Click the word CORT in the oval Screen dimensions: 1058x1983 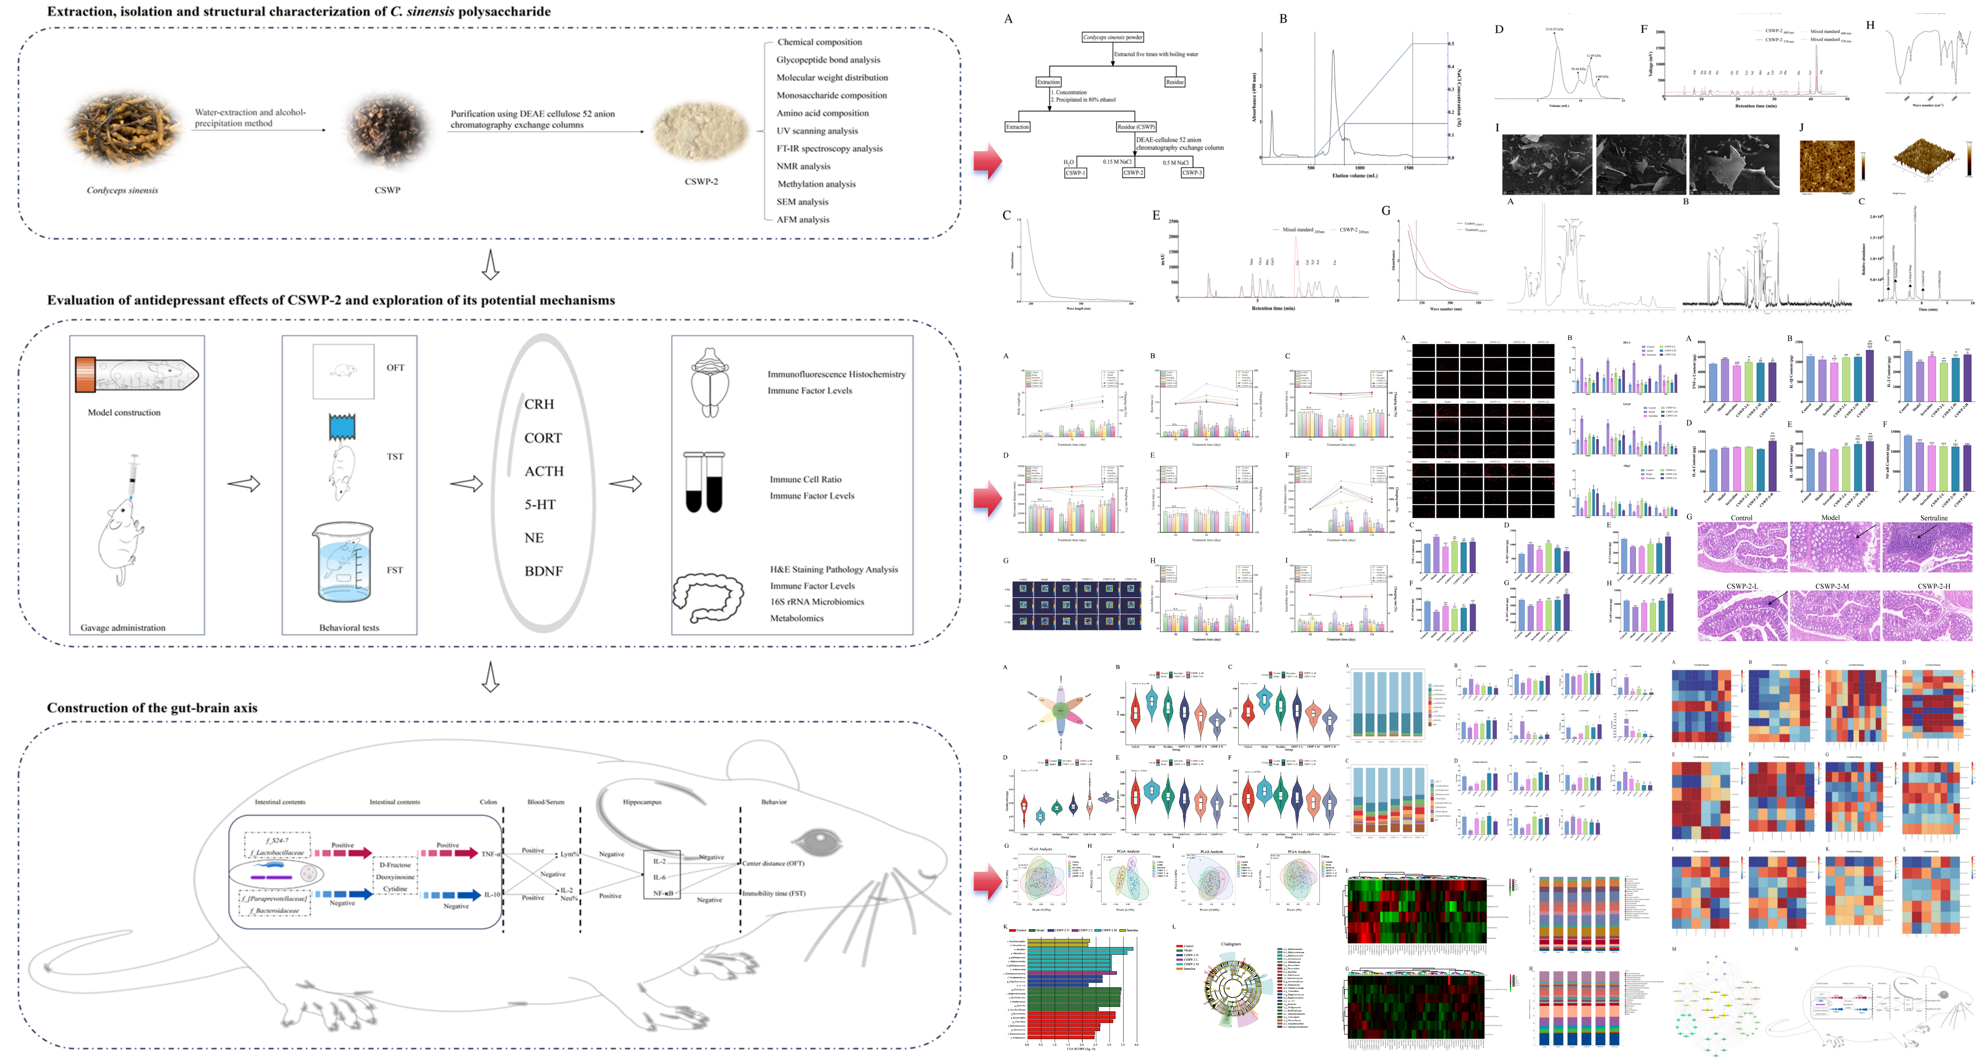click(543, 437)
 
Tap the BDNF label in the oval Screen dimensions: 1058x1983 click(544, 570)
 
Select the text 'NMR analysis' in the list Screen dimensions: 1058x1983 click(803, 166)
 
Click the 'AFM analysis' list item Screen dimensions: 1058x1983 click(803, 219)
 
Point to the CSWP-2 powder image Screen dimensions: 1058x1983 click(701, 132)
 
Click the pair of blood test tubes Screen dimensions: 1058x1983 click(704, 483)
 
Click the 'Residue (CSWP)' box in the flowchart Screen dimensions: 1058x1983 click(1135, 126)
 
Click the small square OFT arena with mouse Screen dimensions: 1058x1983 click(344, 371)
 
